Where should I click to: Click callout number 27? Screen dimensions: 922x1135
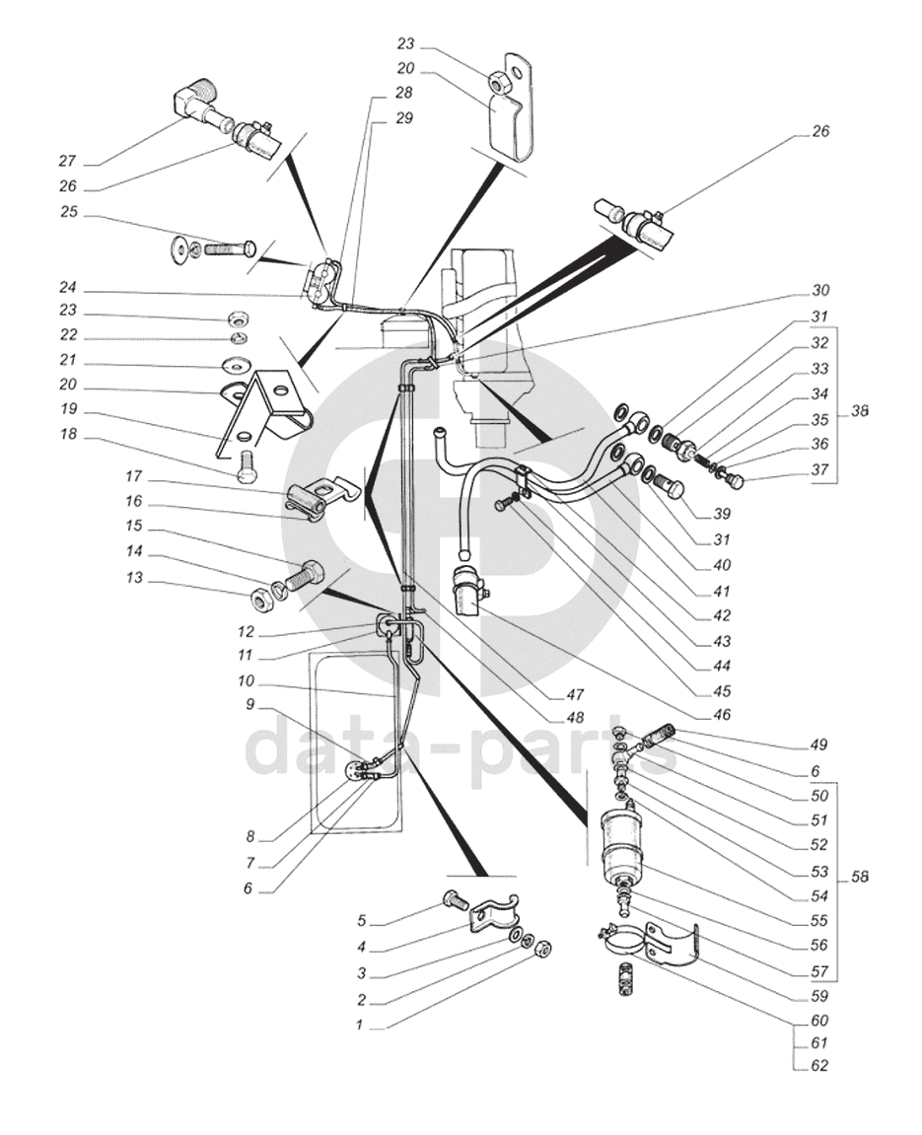coord(67,161)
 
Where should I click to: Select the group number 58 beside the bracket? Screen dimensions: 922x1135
coord(859,878)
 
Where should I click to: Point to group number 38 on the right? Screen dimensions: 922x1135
coord(859,411)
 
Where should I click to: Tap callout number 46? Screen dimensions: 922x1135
coord(722,715)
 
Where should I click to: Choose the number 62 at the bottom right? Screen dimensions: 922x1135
coord(819,1066)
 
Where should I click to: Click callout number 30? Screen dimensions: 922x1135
coord(820,290)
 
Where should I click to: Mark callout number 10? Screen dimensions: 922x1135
coord(247,681)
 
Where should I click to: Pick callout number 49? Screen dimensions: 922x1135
coord(818,745)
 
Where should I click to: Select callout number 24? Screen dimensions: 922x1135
coord(67,287)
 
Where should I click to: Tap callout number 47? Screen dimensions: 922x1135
coord(575,695)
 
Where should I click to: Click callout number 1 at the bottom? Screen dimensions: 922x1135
coord(359,1025)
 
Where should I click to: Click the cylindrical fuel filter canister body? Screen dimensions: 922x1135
coord(621,843)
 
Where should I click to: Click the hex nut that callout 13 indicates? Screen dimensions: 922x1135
coord(260,600)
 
